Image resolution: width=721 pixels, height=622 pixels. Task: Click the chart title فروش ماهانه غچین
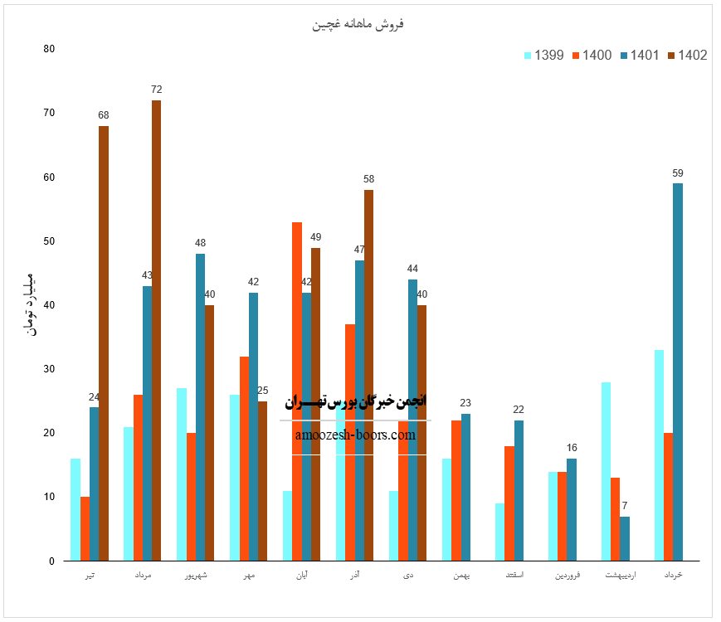[358, 24]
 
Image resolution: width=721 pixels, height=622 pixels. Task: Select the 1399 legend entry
[544, 56]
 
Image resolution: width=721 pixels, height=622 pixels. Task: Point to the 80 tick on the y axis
[49, 49]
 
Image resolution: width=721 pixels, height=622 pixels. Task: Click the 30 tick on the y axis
[49, 369]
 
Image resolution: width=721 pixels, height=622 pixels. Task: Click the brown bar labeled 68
[103, 343]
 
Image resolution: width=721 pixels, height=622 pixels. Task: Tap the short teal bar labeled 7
[625, 538]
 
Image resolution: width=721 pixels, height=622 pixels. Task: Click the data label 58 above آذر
[368, 179]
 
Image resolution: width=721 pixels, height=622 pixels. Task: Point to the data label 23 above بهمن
[465, 403]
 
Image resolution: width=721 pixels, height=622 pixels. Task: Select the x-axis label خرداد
[674, 574]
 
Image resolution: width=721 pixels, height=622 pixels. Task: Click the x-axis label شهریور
[195, 574]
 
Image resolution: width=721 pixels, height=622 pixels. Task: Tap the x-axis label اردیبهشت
[621, 574]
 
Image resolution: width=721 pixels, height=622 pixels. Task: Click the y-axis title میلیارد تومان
[30, 304]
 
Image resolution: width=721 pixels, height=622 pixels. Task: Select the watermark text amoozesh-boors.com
[355, 434]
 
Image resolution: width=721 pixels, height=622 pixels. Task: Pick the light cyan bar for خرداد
[659, 455]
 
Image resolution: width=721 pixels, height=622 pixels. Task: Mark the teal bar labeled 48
[200, 407]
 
